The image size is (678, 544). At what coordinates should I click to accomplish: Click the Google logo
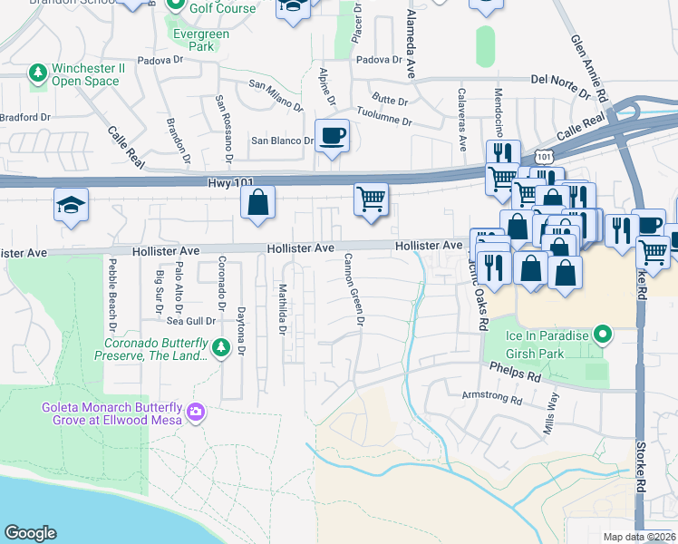click(30, 533)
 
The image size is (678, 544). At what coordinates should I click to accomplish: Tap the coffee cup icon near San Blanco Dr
click(332, 136)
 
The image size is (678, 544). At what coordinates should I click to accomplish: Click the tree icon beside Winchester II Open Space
click(38, 72)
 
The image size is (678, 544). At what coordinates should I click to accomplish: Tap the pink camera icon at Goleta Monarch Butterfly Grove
click(196, 414)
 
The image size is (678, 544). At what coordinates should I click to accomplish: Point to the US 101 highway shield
click(543, 157)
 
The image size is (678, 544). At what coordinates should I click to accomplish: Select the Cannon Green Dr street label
click(353, 289)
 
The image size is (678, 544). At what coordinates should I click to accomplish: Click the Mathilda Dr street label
click(283, 308)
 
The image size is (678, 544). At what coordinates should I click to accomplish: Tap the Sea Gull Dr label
click(190, 320)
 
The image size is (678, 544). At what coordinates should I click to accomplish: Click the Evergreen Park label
click(201, 41)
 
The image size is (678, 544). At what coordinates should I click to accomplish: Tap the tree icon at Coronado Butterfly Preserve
click(219, 347)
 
